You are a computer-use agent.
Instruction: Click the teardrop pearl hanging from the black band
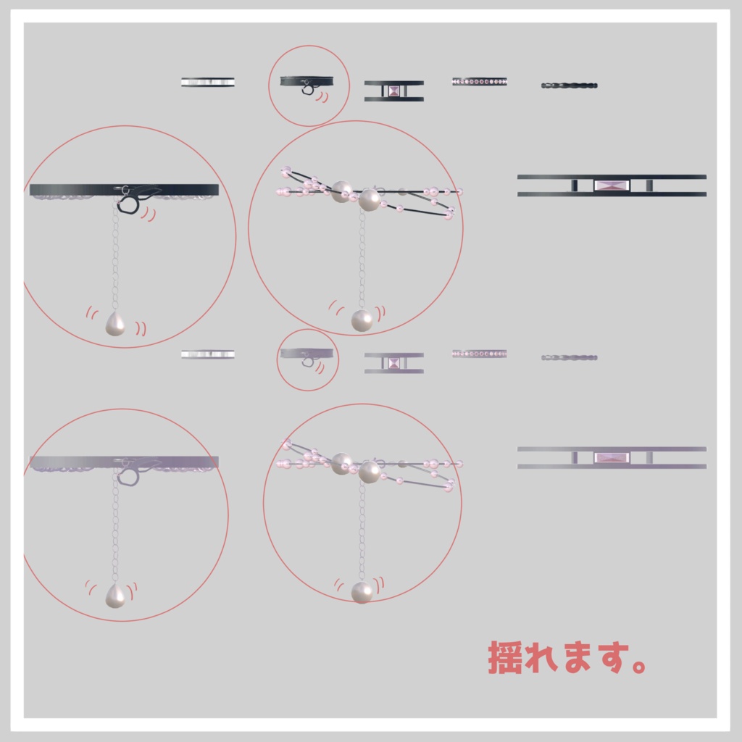[x=114, y=324]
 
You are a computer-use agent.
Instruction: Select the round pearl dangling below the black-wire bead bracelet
[x=362, y=320]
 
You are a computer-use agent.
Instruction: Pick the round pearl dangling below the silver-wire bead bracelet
[x=362, y=592]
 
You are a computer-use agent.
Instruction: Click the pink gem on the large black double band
[x=612, y=185]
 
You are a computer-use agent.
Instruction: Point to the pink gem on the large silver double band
[x=612, y=457]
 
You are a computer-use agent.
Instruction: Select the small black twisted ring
[x=569, y=86]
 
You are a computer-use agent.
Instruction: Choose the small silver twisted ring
[x=569, y=357]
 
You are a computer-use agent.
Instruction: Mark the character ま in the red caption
[x=572, y=657]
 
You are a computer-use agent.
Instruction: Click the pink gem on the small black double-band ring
[x=393, y=91]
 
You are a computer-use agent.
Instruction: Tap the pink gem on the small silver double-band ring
[x=393, y=363]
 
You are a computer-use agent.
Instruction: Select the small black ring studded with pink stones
[x=479, y=82]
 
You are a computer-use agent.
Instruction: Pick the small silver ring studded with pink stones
[x=479, y=354]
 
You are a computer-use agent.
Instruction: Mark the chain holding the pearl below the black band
[x=115, y=261]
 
